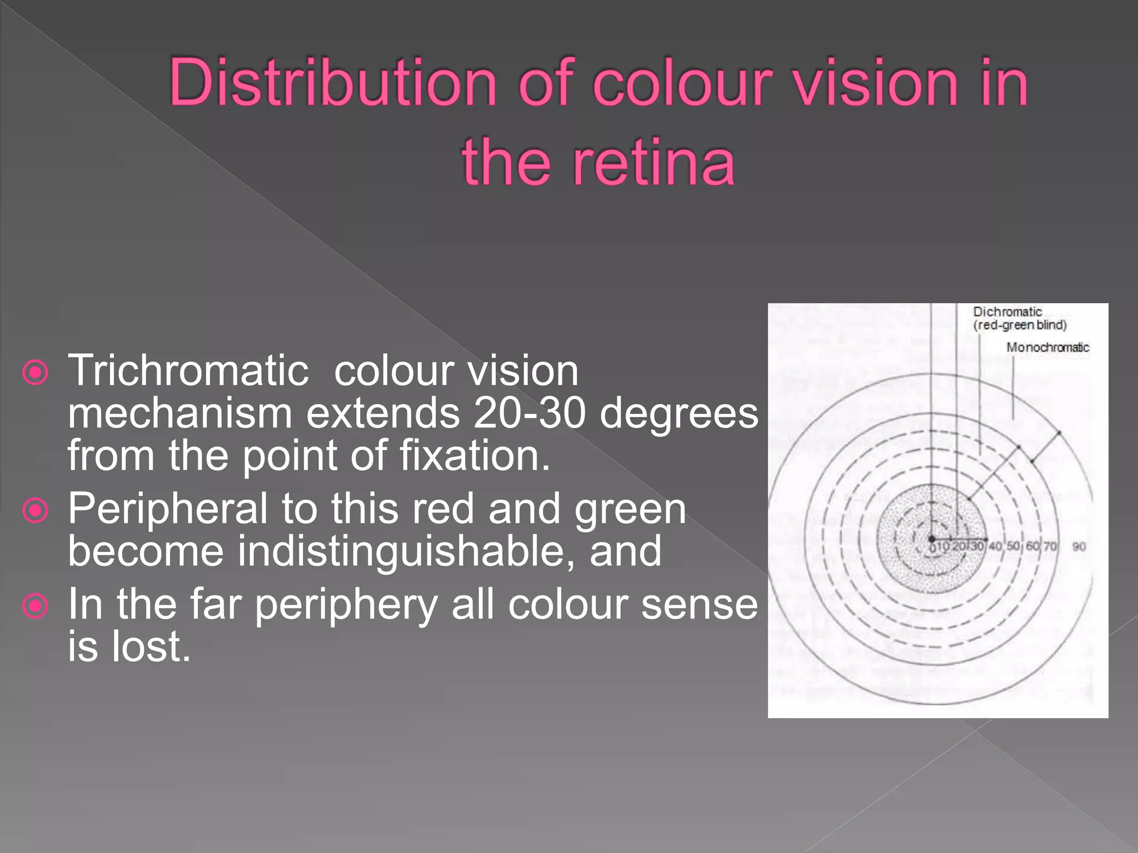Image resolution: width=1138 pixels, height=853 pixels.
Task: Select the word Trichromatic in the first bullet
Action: [188, 371]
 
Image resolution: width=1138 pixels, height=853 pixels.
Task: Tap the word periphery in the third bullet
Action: [346, 604]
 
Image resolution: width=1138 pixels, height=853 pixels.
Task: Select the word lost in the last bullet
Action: [151, 646]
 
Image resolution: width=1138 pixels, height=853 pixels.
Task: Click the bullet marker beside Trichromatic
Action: [36, 373]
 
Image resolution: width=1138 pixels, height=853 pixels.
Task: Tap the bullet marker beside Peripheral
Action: [36, 510]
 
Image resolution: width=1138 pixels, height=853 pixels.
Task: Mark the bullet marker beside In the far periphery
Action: [36, 605]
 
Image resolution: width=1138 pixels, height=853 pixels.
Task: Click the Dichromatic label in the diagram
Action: [1007, 312]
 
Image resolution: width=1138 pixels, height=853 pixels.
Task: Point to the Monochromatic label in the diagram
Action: [1047, 348]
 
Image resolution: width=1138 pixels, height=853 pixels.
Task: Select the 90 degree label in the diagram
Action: [1079, 546]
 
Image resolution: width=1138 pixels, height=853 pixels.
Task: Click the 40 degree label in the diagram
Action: [995, 546]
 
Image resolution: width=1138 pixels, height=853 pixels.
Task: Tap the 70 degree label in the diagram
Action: [1050, 546]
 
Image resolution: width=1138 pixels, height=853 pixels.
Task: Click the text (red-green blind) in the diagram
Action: [1020, 325]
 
